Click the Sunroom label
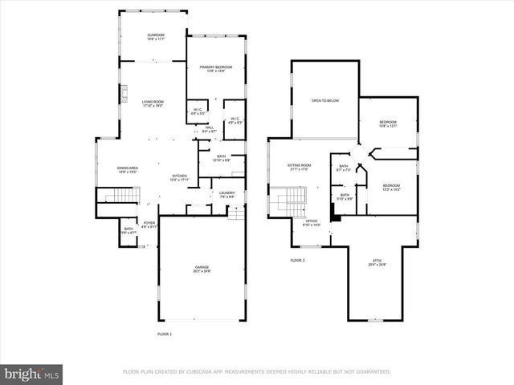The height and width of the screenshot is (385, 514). click(x=155, y=37)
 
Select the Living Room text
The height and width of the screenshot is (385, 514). click(x=153, y=103)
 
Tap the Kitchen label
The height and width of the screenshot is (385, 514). click(x=179, y=177)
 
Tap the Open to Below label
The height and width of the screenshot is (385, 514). click(x=325, y=100)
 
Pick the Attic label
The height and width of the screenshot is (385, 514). click(x=377, y=261)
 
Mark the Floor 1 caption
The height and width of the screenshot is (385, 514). click(x=164, y=333)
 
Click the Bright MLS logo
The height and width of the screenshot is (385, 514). click(x=32, y=373)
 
